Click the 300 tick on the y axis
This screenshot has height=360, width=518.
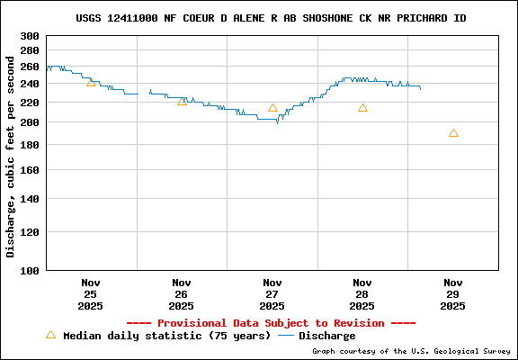coord(29,36)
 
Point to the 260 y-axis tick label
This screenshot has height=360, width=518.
coord(29,67)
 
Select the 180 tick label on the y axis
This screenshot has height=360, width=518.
coord(29,145)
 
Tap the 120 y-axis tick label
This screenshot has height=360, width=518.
coord(29,231)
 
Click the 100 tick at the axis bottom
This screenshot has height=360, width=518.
coord(29,270)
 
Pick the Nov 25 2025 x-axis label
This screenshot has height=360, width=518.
coord(91,294)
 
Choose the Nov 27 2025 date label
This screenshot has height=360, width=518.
coord(272,294)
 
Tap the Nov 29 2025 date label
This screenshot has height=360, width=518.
coord(453,294)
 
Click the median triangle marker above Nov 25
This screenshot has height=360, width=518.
coord(91,82)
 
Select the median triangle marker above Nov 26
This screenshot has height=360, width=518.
coord(182,102)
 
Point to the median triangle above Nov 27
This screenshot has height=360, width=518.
coord(272,108)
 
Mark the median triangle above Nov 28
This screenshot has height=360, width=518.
coord(362,108)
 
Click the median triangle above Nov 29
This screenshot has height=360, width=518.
coord(453,133)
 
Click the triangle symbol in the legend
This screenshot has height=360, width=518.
coord(50,335)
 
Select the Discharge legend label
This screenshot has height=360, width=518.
coord(327,336)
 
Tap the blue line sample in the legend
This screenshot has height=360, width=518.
coord(287,336)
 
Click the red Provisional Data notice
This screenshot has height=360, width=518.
coord(271,323)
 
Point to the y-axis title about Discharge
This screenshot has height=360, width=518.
coord(11,156)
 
